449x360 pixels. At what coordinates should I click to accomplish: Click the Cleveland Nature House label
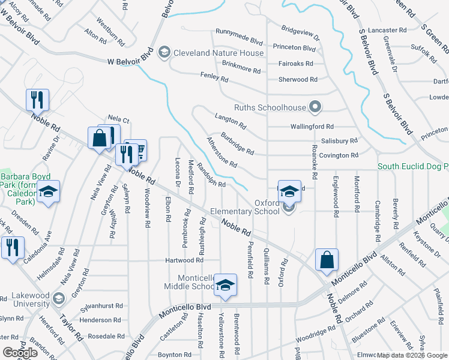tap(218, 53)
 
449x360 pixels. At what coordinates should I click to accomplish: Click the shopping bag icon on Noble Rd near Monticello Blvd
tap(327, 260)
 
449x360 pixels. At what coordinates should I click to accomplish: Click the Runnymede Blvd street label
tap(239, 42)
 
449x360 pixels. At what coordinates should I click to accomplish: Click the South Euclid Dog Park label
tap(412, 166)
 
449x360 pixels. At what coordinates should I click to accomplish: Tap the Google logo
tap(20, 353)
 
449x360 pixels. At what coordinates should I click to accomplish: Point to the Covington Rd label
tap(339, 155)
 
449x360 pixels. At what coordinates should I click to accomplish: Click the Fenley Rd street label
tap(214, 77)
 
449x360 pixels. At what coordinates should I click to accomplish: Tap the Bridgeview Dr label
tap(301, 33)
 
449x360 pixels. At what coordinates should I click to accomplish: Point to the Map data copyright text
tap(411, 355)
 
